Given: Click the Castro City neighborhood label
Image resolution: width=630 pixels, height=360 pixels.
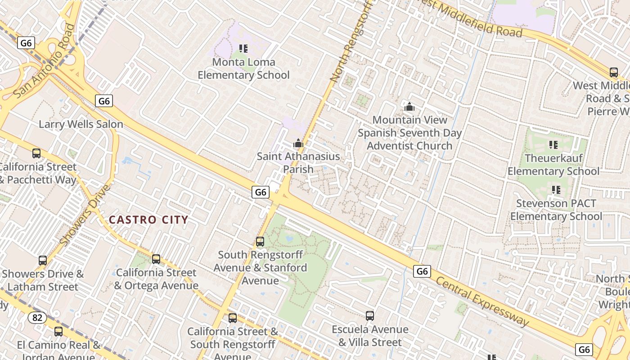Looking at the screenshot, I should tap(148, 220).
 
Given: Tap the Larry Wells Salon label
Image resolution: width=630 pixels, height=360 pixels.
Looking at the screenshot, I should tap(81, 124).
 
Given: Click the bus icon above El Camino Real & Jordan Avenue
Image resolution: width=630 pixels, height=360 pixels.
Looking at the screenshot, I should tap(58, 332).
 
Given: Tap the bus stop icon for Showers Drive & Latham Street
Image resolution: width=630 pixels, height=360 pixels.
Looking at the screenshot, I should tap(43, 261).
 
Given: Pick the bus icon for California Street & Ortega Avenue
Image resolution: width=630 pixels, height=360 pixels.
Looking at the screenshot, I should tap(156, 259).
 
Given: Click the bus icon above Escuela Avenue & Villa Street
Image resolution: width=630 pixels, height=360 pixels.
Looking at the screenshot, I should tap(370, 316).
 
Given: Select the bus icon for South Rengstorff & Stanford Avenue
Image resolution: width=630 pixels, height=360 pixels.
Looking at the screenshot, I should tap(260, 242).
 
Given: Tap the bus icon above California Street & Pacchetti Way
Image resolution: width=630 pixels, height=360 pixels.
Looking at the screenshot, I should tap(36, 153).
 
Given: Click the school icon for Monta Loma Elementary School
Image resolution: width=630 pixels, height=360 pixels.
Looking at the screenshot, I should tap(243, 49).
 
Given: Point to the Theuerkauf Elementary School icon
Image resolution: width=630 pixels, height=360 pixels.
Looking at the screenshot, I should tap(553, 145).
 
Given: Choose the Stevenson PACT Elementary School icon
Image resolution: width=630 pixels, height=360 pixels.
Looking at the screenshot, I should tap(556, 190).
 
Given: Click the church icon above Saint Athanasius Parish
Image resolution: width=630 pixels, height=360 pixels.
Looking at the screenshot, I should tap(298, 144).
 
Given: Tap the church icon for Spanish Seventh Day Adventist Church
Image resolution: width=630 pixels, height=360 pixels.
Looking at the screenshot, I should tap(409, 107).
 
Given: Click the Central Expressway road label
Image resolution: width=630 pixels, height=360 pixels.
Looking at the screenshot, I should tap(483, 301).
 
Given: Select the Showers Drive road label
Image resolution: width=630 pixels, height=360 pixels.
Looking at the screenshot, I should tap(85, 215).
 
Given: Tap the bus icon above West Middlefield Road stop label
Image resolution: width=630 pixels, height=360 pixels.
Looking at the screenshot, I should tap(613, 72).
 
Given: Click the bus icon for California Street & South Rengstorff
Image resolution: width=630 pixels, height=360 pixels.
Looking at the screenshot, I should tap(233, 318).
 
